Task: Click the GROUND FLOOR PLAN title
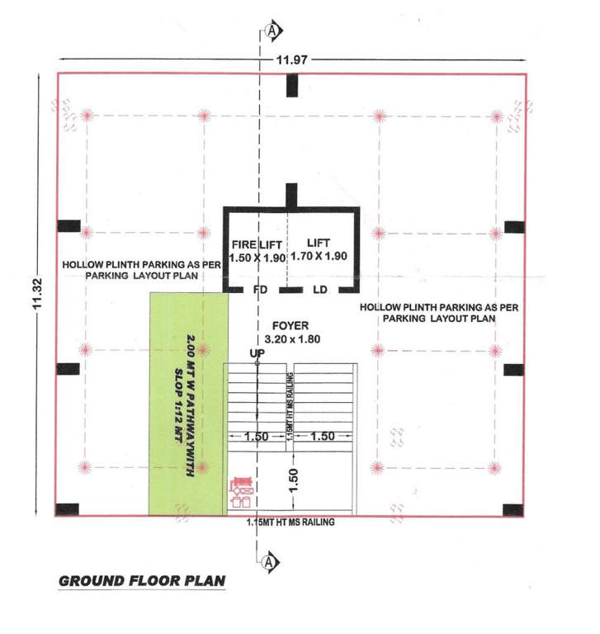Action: click(x=141, y=581)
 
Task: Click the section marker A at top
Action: click(x=272, y=31)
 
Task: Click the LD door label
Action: click(x=320, y=291)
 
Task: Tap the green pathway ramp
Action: click(x=187, y=404)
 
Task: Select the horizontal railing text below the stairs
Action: click(x=291, y=523)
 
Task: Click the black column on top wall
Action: click(x=291, y=84)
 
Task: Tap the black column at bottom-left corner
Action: click(x=67, y=509)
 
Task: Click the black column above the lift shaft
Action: click(x=291, y=196)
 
